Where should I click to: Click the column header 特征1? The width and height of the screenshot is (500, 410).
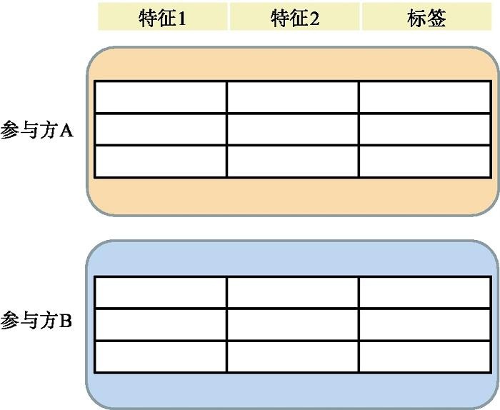[x=163, y=17]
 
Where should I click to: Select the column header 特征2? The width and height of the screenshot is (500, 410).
[x=295, y=17]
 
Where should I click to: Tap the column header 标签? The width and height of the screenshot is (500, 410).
[x=427, y=17]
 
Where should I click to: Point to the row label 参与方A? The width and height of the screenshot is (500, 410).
[x=37, y=131]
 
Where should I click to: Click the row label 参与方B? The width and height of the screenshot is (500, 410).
[x=37, y=321]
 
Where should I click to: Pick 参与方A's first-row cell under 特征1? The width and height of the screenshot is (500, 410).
[x=161, y=97]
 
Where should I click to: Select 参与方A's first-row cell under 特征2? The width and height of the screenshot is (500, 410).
[x=293, y=97]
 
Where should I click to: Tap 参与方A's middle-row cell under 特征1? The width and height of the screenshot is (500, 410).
[x=161, y=129]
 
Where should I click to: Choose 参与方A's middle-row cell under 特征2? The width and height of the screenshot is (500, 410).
[x=293, y=129]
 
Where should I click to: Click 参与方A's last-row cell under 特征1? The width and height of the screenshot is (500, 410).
[x=161, y=161]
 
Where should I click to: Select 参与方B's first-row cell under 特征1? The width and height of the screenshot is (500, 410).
[x=161, y=292]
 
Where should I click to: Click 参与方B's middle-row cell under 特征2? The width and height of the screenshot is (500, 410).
[x=293, y=324]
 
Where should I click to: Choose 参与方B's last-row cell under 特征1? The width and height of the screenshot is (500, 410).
[x=161, y=356]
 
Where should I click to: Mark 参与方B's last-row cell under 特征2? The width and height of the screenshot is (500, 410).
[x=293, y=356]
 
